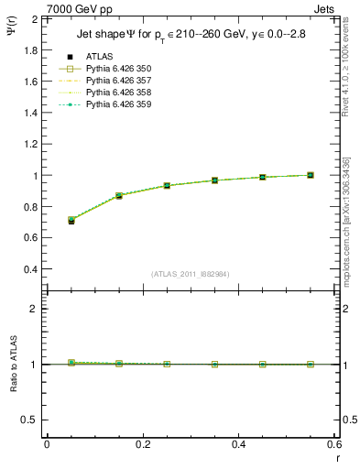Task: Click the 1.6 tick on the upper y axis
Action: [29, 82]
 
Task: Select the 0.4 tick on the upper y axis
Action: [29, 269]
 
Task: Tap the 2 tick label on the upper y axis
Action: [34, 18]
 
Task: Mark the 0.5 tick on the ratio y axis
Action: [29, 420]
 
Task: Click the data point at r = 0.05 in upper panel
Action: [71, 221]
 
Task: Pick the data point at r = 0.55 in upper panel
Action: [311, 175]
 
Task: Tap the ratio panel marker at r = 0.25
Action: [167, 364]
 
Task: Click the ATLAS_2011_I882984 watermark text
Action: [191, 274]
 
